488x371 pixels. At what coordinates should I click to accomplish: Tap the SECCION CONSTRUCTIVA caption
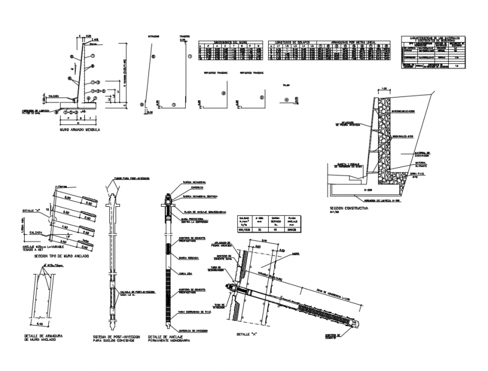point(349,207)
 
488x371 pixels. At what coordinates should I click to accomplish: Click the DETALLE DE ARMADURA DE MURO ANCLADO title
point(43,337)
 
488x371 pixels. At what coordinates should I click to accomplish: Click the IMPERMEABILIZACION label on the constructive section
point(403,111)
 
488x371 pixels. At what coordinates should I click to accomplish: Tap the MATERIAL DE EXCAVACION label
point(422,154)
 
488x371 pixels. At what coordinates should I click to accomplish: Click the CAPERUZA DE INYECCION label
point(193,331)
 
